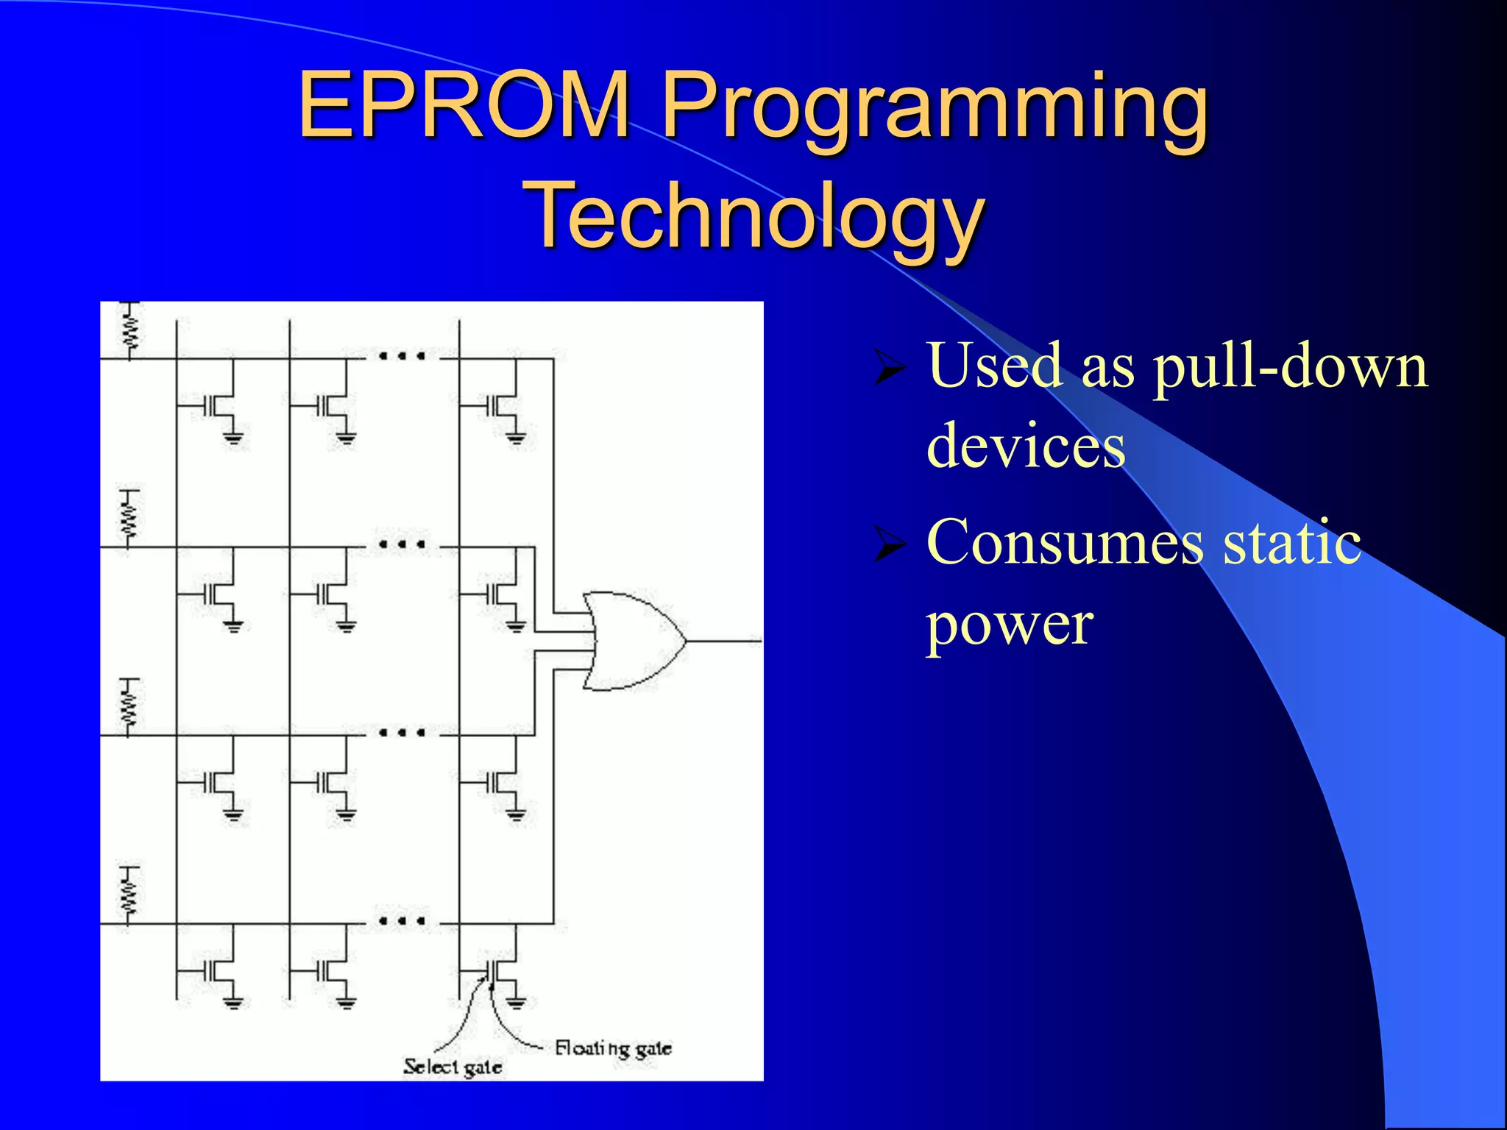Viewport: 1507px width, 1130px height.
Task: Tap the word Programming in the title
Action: pos(935,109)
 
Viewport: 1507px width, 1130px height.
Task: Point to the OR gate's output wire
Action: pos(724,642)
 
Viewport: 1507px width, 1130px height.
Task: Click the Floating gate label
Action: pos(612,1048)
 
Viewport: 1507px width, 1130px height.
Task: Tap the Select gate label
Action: pos(453,1067)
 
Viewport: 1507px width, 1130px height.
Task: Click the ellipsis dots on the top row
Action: pos(401,357)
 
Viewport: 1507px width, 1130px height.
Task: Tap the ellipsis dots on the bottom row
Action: pos(401,921)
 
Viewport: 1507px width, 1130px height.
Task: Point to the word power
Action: pos(1010,624)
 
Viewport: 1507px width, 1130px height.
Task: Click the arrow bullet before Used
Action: pos(888,368)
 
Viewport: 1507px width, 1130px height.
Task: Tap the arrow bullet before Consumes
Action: pos(888,545)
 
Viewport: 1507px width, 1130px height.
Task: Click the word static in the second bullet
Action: pos(1292,542)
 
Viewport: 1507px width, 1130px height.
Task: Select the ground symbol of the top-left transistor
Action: pos(234,439)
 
